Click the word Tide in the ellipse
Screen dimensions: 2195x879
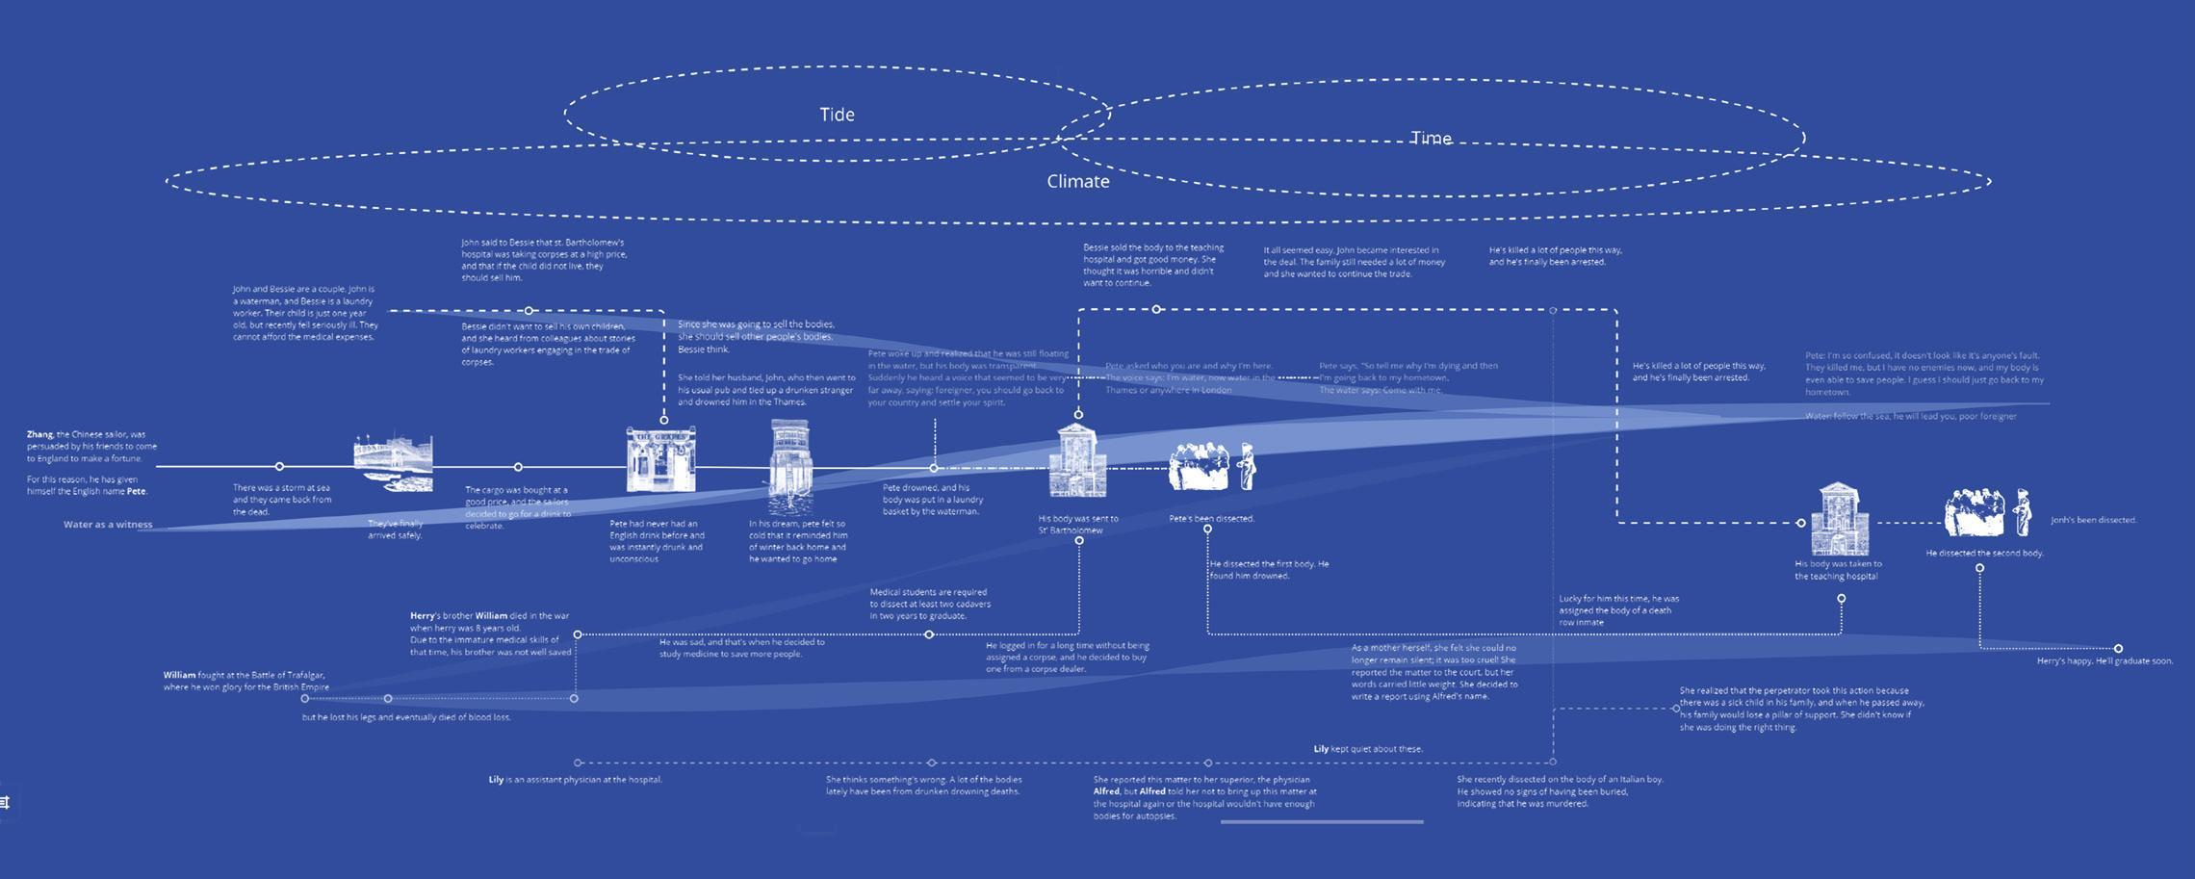click(x=837, y=115)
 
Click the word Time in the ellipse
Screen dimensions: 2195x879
click(x=1431, y=139)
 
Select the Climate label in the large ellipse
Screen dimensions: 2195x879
click(x=1077, y=182)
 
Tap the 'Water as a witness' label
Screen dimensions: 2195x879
click(x=108, y=525)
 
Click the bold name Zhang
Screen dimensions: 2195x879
click(x=40, y=434)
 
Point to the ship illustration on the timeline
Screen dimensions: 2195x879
click(x=393, y=463)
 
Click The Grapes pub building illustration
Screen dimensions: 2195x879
click(x=660, y=460)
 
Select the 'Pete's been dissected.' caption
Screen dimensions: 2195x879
click(x=1211, y=518)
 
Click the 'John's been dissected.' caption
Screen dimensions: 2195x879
click(x=2093, y=520)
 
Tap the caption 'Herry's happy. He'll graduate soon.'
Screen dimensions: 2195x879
click(x=2105, y=660)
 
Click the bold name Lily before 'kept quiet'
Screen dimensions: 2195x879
click(x=1321, y=748)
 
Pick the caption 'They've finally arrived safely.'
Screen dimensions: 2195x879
click(x=395, y=530)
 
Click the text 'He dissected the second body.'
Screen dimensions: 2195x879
click(x=1984, y=554)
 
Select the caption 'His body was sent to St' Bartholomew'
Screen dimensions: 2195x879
click(x=1077, y=525)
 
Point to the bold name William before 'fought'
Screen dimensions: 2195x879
click(x=179, y=675)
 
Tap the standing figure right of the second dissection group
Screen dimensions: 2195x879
click(x=2023, y=512)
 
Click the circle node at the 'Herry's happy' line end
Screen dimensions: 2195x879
click(x=2118, y=648)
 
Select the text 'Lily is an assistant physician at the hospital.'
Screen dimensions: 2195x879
click(x=575, y=780)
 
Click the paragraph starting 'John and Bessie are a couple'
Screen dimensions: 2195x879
click(x=304, y=313)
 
